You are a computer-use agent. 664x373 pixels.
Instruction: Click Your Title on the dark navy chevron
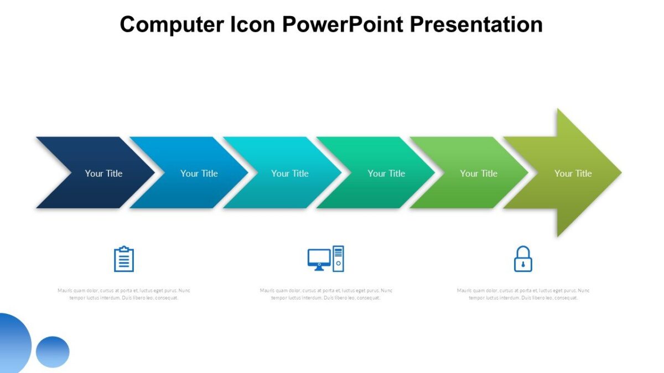pos(103,173)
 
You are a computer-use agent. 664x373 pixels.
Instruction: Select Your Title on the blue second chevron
pos(199,173)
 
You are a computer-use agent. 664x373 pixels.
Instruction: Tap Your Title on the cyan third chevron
pos(289,173)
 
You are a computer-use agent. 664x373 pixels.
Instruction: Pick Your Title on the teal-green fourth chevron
pos(386,173)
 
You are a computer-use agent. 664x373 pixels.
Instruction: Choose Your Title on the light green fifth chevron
pos(479,173)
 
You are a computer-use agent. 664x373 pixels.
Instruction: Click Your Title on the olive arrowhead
pos(573,173)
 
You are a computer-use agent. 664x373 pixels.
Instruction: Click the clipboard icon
pos(124,259)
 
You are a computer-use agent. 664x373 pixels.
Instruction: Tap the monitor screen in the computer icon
pos(319,258)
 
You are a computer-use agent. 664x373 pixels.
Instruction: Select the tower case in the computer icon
pos(338,259)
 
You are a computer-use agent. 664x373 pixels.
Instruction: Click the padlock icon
pos(523,259)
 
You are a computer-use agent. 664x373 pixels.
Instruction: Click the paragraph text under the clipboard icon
pos(124,294)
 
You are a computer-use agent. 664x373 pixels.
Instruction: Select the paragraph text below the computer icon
pos(326,294)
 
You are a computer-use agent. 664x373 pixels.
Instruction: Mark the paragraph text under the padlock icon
pos(523,294)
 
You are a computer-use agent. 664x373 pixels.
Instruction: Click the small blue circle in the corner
pos(53,351)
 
